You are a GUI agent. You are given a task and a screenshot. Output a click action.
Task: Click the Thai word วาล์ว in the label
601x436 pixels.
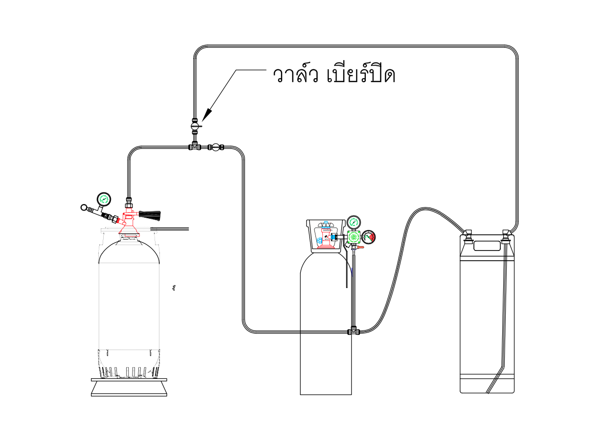pos(292,76)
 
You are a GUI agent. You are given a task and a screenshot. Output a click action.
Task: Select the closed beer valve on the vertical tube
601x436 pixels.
pos(195,126)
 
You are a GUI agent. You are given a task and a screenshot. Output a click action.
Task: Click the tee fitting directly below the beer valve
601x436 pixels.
pos(195,146)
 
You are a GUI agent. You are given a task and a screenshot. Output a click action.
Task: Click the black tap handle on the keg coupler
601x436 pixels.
pos(150,213)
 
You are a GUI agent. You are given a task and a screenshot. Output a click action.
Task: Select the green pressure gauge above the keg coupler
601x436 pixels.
pos(104,199)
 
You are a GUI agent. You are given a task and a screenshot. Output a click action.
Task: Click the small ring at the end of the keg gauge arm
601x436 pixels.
pos(84,208)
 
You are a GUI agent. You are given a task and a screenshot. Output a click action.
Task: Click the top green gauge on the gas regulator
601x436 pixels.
pos(353,222)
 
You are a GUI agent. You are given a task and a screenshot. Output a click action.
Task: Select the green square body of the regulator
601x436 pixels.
pos(353,237)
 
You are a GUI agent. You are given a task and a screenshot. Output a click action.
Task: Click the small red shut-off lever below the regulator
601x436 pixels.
pos(359,248)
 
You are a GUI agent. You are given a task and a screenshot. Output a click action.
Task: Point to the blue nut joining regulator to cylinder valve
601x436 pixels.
pos(334,237)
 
